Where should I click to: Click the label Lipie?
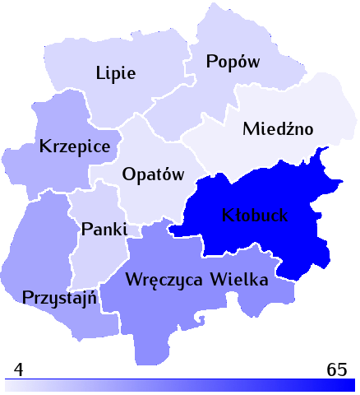tap(116, 72)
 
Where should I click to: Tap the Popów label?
tap(233, 62)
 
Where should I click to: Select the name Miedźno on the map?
tap(279, 129)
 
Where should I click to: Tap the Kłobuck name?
tap(256, 216)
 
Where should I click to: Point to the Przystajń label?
tap(62, 297)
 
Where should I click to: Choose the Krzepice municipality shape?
tap(62, 173)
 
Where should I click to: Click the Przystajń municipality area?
tap(49, 263)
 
